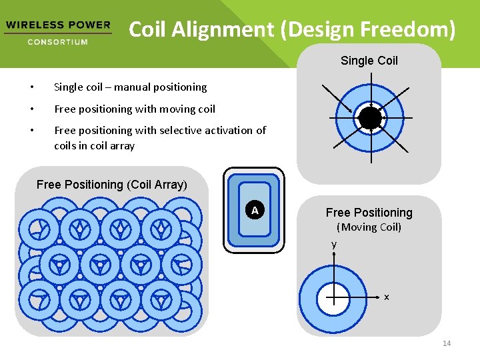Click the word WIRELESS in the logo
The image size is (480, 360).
click(x=31, y=25)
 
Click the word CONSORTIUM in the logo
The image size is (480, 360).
click(x=57, y=42)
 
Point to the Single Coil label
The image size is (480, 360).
click(x=369, y=61)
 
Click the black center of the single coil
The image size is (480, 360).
click(x=370, y=119)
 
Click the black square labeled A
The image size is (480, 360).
click(x=255, y=211)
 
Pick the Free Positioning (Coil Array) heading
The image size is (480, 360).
click(x=112, y=184)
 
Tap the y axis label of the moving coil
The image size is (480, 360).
click(x=334, y=245)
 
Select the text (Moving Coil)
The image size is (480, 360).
click(x=369, y=227)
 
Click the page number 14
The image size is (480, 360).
click(x=447, y=343)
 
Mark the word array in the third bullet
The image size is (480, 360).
click(x=121, y=145)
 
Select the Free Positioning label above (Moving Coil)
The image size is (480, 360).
click(x=369, y=213)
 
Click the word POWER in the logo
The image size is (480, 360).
click(x=89, y=25)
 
